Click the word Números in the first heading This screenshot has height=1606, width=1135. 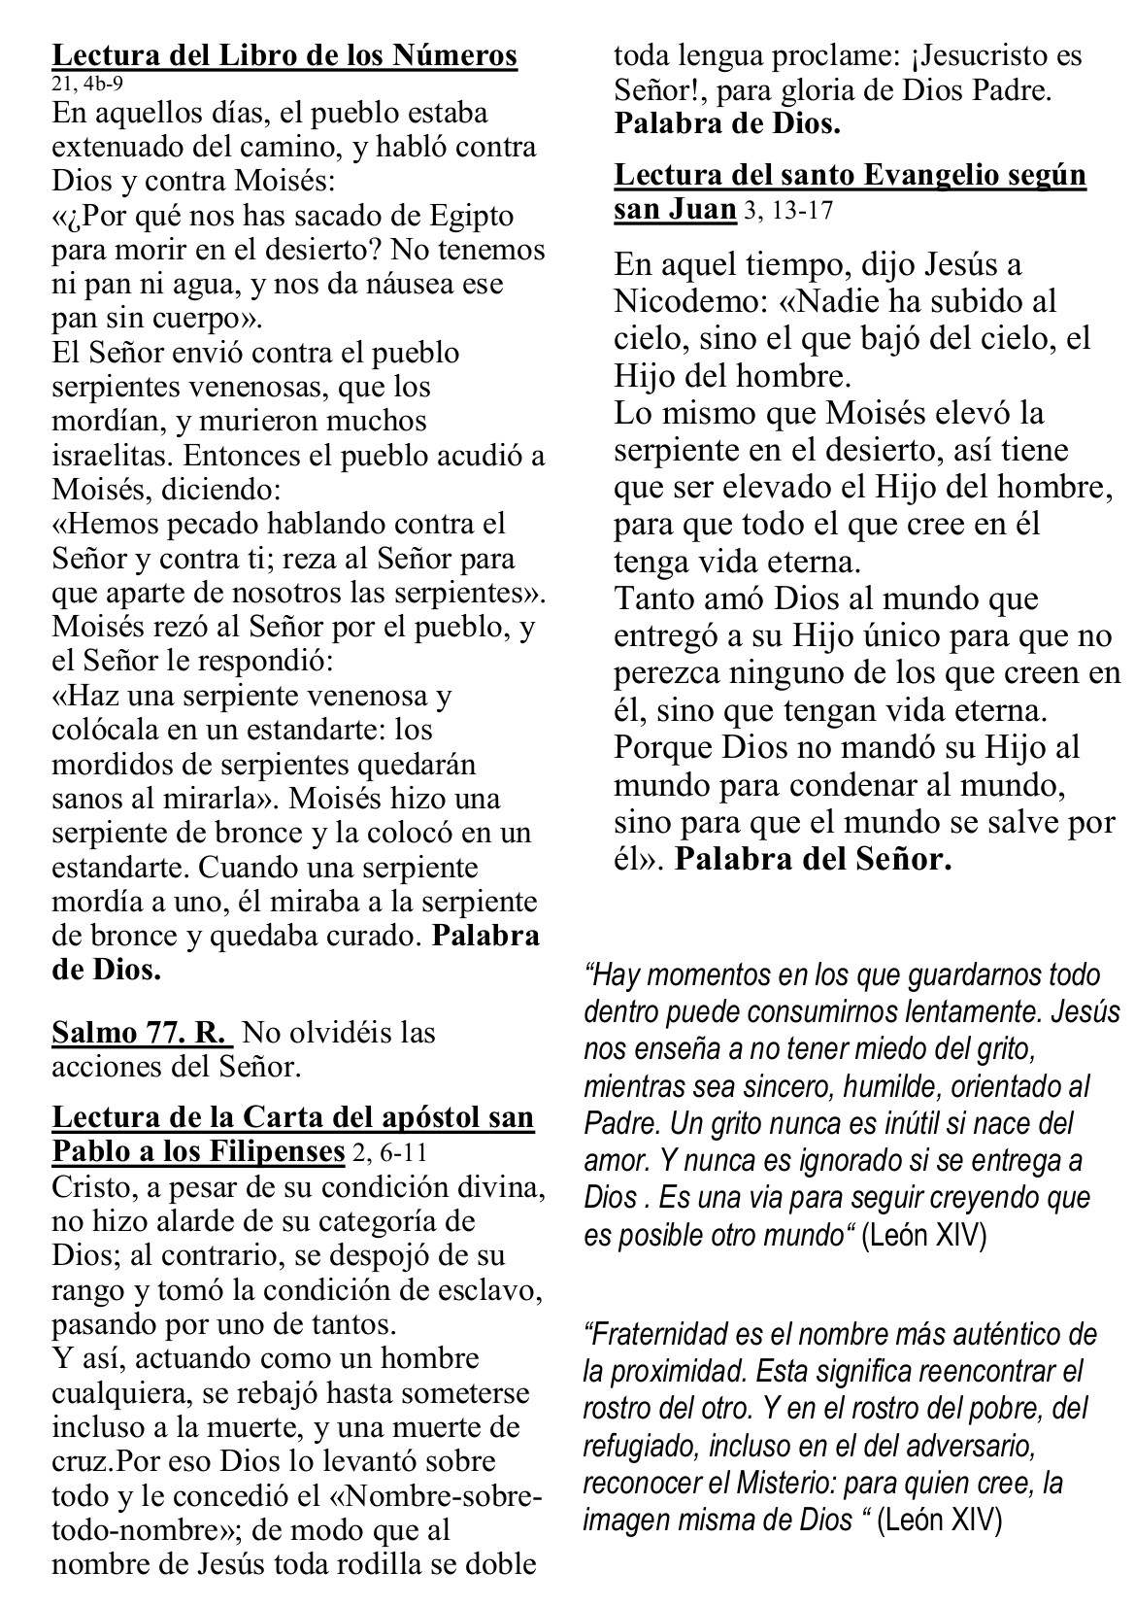[457, 56]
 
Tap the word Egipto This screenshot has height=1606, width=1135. [473, 216]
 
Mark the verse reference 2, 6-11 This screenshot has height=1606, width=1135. [388, 1153]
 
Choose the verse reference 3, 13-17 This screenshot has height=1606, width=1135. [787, 211]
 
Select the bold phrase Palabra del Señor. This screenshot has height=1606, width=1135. [813, 860]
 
